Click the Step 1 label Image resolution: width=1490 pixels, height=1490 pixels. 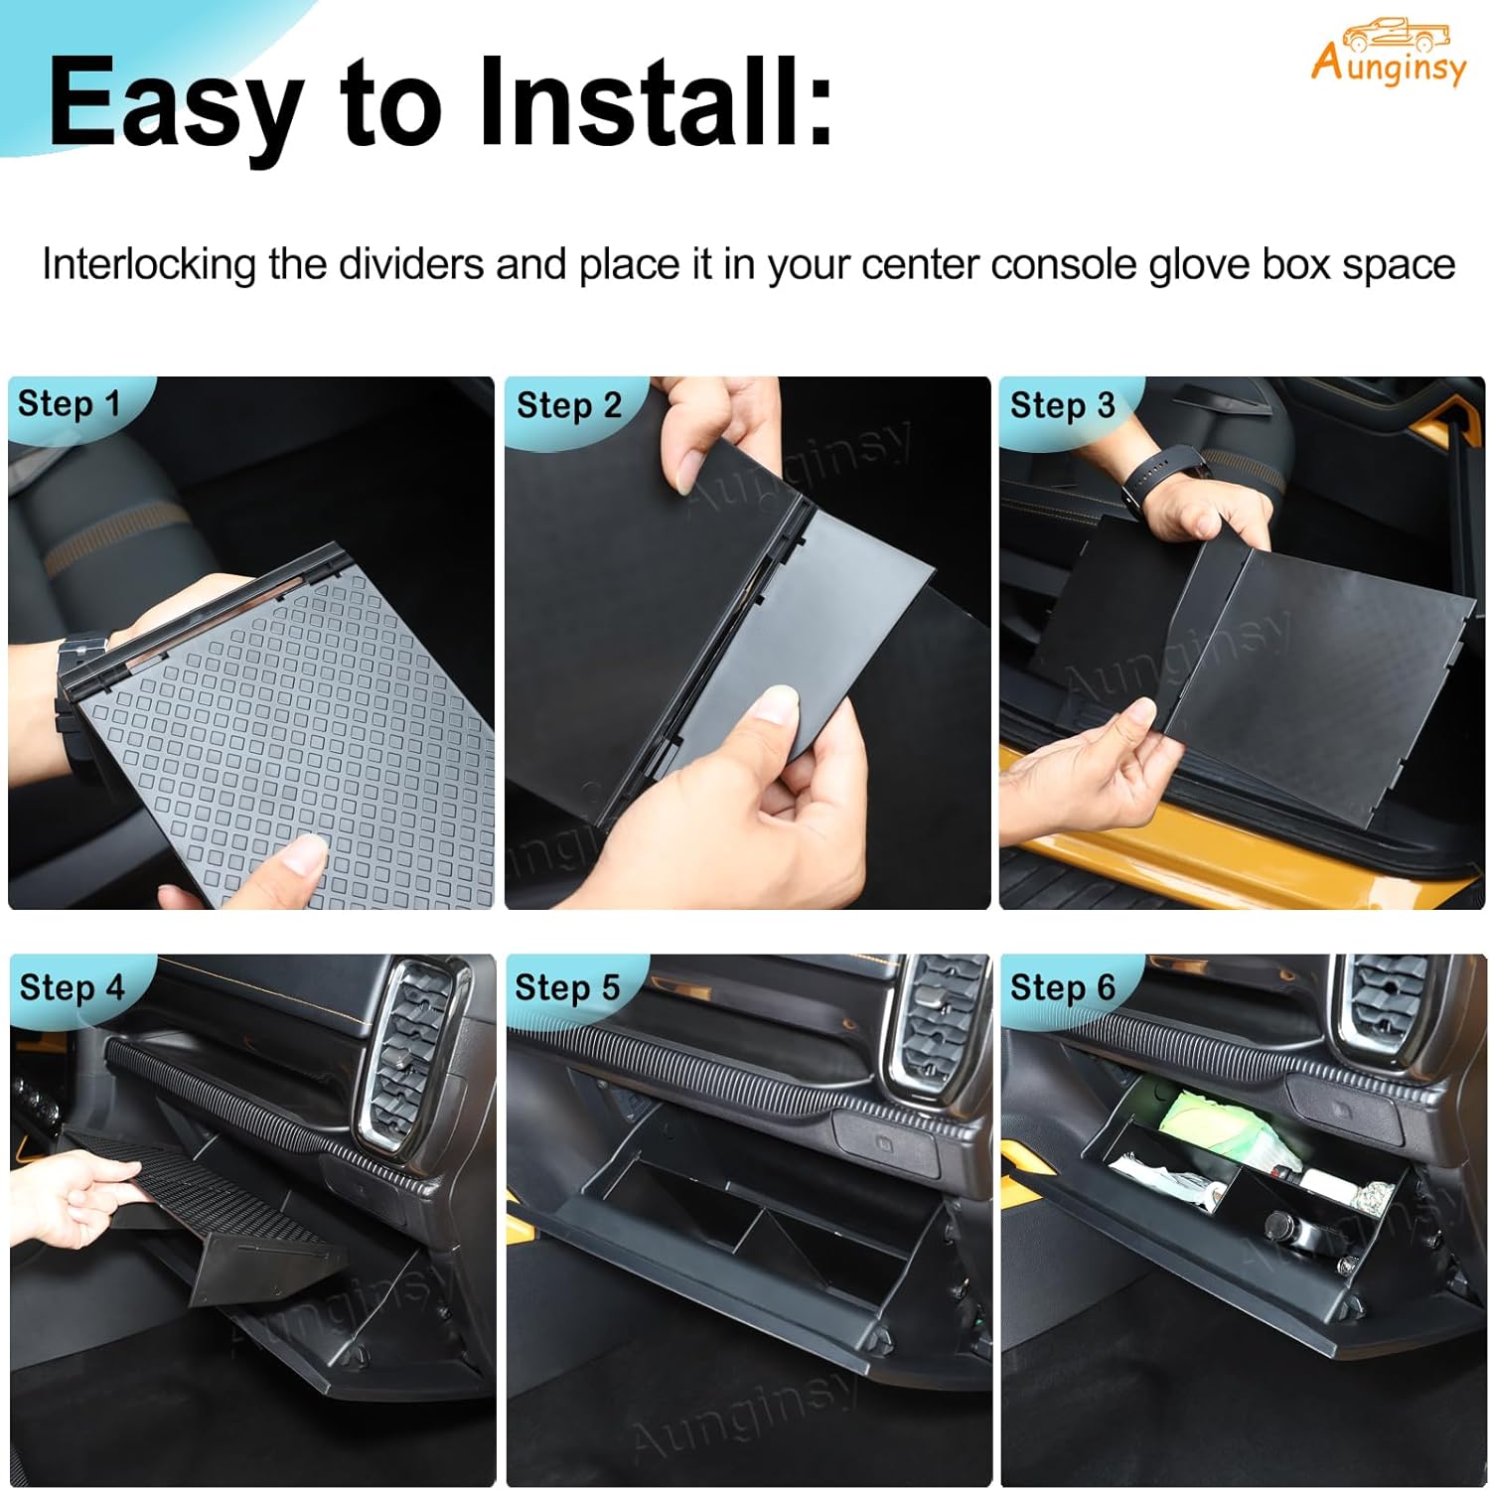click(69, 404)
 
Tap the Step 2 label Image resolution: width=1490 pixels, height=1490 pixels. click(568, 405)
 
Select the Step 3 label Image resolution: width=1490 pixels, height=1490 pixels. click(1062, 405)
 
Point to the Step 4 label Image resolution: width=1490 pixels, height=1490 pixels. click(72, 987)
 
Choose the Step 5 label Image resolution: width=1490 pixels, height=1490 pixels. click(567, 987)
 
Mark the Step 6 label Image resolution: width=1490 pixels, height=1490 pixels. click(1063, 987)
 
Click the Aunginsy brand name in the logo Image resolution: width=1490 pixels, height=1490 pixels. click(1388, 66)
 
